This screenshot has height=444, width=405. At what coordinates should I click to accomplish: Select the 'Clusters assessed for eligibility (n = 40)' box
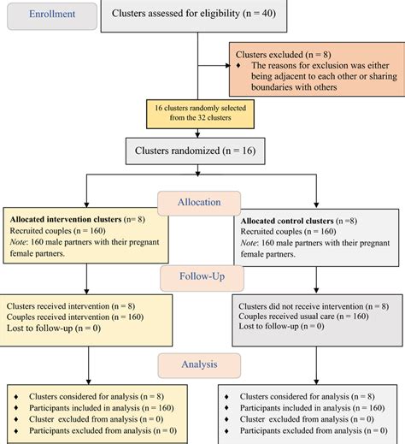(197, 16)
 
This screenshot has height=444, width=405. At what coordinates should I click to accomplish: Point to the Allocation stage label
(198, 203)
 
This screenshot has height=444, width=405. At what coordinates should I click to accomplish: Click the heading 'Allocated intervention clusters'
(64, 220)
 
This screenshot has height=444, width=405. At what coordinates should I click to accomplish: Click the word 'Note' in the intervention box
(20, 242)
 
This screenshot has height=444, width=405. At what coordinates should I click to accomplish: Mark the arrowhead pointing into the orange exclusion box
(226, 66)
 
